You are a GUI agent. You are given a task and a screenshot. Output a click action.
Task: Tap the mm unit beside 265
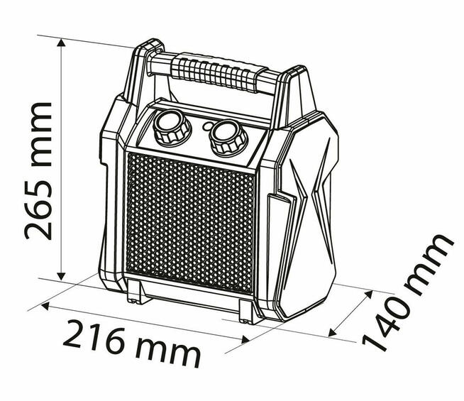click(37, 128)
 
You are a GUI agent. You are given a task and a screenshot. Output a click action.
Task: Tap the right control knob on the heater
click(226, 134)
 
